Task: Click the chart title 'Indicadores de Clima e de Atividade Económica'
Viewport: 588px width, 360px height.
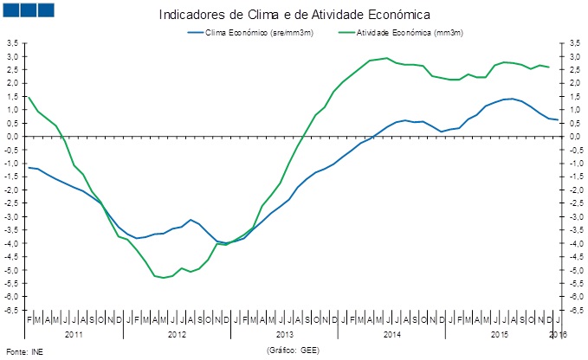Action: pyautogui.click(x=295, y=15)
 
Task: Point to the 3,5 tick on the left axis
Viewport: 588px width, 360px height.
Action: pyautogui.click(x=13, y=42)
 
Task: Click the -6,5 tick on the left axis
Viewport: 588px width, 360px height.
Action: pyautogui.click(x=12, y=310)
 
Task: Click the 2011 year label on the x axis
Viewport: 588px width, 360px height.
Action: pyautogui.click(x=74, y=333)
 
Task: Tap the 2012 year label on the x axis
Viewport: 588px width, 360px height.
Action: pyautogui.click(x=178, y=333)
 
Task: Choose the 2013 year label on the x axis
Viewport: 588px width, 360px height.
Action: pyautogui.click(x=285, y=333)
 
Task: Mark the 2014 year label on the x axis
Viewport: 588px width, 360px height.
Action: pyautogui.click(x=391, y=333)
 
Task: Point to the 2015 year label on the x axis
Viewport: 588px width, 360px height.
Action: pyautogui.click(x=499, y=333)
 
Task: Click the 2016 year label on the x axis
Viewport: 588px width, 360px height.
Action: pyautogui.click(x=559, y=333)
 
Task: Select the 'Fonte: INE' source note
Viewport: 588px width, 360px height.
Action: pyautogui.click(x=24, y=352)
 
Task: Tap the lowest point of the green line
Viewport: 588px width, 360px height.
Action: pyautogui.click(x=164, y=278)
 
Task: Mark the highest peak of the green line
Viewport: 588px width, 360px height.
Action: pyautogui.click(x=387, y=58)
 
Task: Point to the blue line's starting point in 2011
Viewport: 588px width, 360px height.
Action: pyautogui.click(x=29, y=167)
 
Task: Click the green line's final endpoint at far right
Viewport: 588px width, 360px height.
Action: pyautogui.click(x=549, y=67)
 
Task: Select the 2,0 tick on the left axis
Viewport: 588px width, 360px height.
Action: pyautogui.click(x=13, y=82)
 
